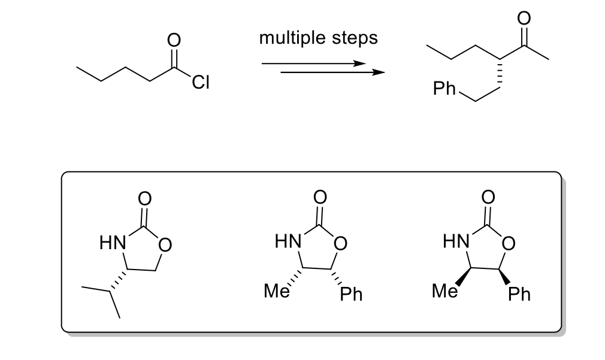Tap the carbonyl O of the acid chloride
[x=174, y=40]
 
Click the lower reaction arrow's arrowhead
[x=377, y=73]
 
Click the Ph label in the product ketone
[x=444, y=90]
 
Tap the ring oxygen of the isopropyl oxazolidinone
[x=166, y=244]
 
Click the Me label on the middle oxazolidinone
[x=277, y=292]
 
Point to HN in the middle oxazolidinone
[x=286, y=242]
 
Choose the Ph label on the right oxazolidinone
[x=519, y=294]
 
